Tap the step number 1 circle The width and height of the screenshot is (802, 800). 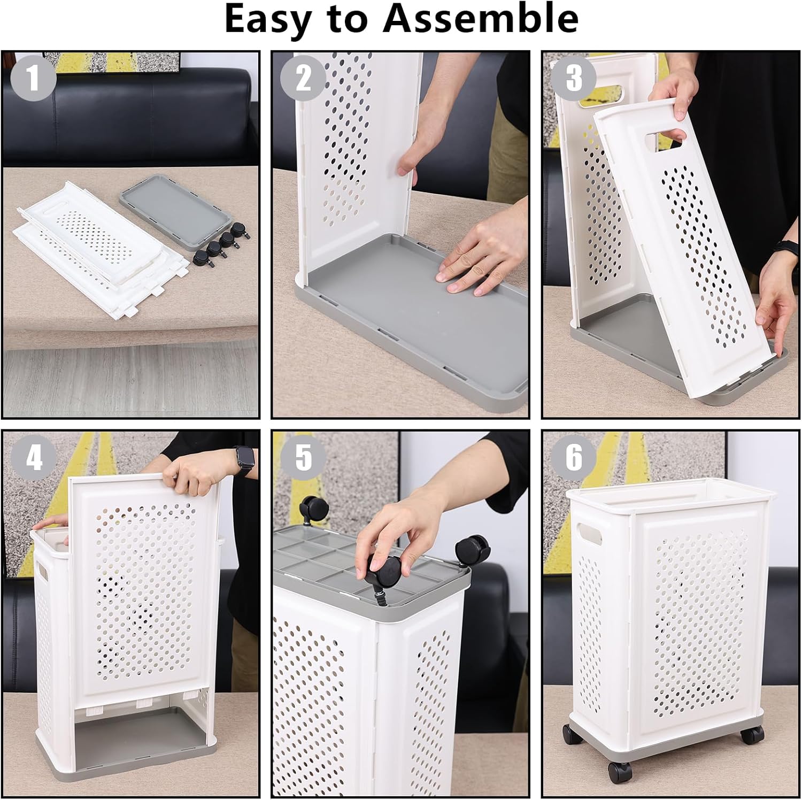[x=34, y=78]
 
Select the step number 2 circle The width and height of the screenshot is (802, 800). [x=303, y=79]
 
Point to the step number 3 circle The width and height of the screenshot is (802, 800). [x=574, y=78]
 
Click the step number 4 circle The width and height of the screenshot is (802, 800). [x=34, y=457]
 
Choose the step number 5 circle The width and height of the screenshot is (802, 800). [x=303, y=457]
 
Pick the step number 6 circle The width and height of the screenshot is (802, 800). [x=574, y=457]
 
